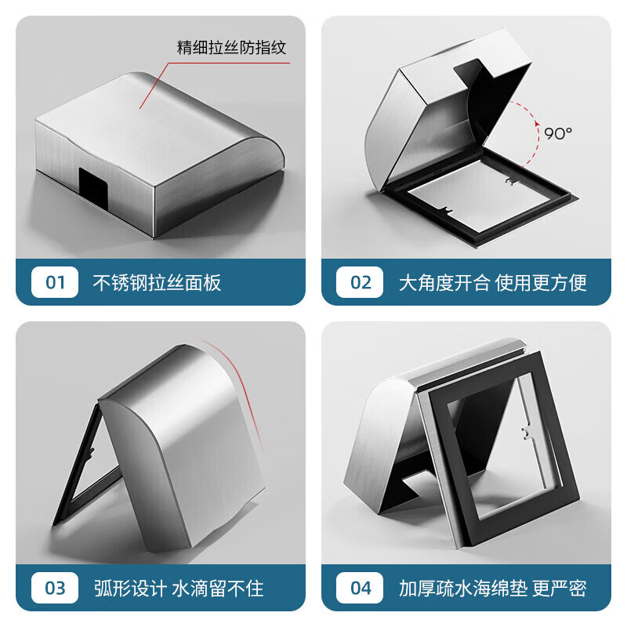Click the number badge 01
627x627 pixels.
pos(55,282)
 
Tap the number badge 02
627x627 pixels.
pos(360,282)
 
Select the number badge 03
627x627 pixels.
pos(55,588)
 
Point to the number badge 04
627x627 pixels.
pos(360,588)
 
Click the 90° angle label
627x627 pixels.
pos(559,133)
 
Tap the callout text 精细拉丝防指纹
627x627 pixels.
pos(232,48)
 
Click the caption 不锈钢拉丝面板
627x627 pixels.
pos(158,282)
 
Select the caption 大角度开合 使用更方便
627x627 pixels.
pos(493,282)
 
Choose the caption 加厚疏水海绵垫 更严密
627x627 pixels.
pos(493,588)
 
